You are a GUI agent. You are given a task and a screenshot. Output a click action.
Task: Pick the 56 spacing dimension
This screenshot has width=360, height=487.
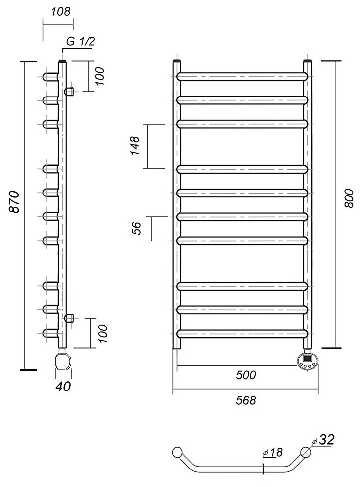pos(136,228)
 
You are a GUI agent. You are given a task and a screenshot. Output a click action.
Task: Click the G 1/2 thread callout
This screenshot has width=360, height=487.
pos(80,42)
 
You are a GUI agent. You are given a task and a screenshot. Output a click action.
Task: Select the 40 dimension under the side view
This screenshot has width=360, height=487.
pos(63,386)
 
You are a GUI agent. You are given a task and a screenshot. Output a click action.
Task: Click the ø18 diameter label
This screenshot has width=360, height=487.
pos(274,452)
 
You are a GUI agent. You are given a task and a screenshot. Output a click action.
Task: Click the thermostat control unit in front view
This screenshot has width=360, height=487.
pos(307,359)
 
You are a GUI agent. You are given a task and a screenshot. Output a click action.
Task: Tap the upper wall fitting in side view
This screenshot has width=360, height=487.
pos(69,91)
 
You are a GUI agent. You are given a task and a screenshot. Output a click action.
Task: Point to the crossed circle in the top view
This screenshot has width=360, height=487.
pos(306,453)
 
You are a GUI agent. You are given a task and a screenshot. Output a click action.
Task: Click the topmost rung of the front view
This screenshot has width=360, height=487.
pos(242,76)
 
